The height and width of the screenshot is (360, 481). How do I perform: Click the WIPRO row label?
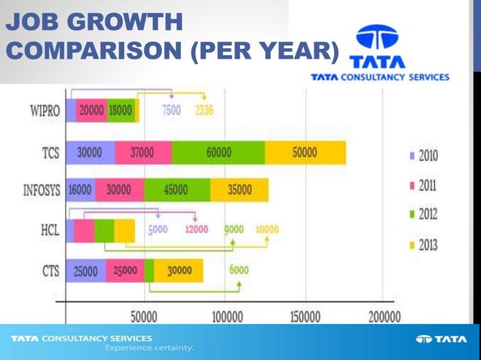tap(41, 111)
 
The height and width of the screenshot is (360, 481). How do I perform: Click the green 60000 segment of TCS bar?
tap(218, 153)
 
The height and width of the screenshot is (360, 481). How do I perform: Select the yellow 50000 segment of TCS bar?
tap(305, 153)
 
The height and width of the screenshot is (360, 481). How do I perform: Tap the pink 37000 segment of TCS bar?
tap(142, 153)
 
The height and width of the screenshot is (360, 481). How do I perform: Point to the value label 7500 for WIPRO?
tap(171, 111)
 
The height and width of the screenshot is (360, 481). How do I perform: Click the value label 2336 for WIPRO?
tap(204, 111)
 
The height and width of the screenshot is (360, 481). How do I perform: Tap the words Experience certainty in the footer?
tap(149, 348)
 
